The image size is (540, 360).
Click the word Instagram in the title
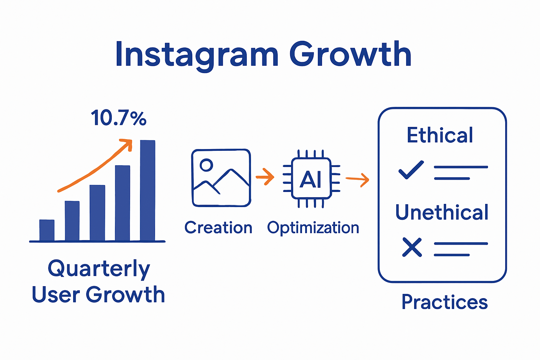point(197,54)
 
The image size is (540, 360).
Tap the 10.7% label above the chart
point(118,118)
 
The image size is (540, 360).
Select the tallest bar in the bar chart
point(148,190)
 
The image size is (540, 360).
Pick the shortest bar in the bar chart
point(47,230)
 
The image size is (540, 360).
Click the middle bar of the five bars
point(97,213)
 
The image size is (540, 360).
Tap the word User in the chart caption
point(56,294)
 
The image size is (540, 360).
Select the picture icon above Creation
point(221,178)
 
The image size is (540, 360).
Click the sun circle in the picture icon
point(206,165)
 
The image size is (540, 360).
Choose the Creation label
point(218,228)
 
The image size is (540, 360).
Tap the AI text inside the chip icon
point(311,180)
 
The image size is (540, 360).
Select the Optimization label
point(313,228)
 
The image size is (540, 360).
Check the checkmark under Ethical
point(411,170)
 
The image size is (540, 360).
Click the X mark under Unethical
point(412,247)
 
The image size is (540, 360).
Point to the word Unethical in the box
point(442,212)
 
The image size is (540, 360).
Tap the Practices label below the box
point(445,302)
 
